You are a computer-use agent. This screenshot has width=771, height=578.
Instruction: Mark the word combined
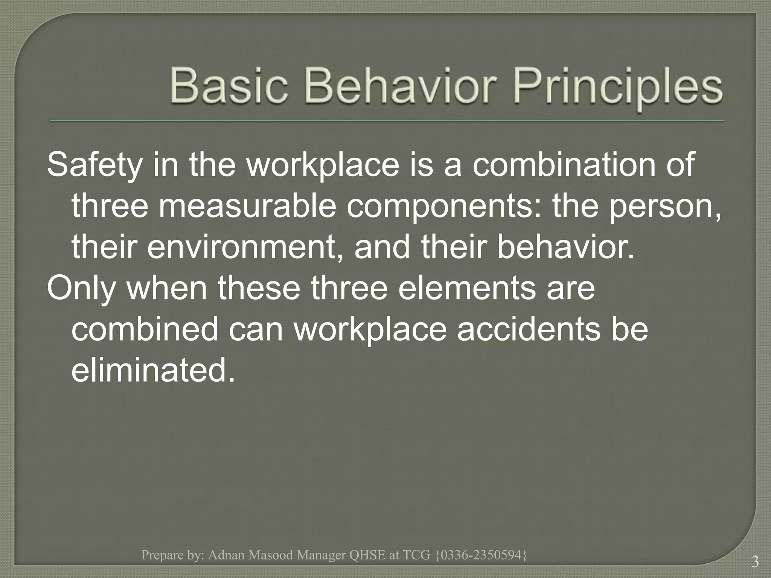pyautogui.click(x=145, y=329)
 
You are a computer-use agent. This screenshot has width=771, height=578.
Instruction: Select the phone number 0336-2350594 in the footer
pyautogui.click(x=481, y=555)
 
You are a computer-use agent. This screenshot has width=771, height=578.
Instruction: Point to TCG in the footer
pyautogui.click(x=416, y=555)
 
